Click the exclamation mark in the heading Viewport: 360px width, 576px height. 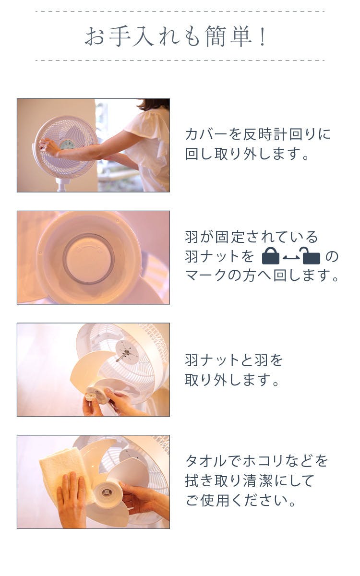(x=263, y=36)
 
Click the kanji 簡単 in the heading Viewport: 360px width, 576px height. (x=228, y=36)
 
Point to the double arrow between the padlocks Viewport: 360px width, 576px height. (x=291, y=258)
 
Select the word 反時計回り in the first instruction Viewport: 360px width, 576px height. (x=274, y=134)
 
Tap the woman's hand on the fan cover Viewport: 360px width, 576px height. (x=48, y=147)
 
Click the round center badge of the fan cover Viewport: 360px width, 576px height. (x=68, y=145)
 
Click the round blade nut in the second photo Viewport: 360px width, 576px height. (x=89, y=258)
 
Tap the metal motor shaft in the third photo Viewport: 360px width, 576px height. (x=121, y=356)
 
